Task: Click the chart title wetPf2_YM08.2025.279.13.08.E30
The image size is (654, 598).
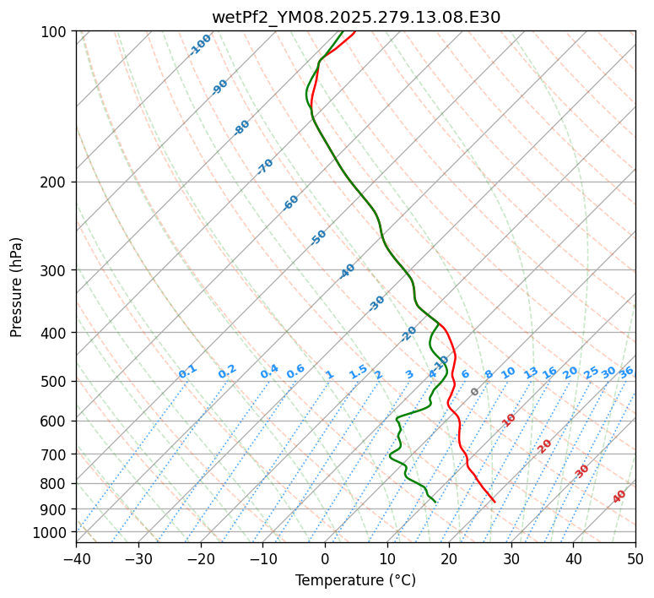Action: click(x=355, y=17)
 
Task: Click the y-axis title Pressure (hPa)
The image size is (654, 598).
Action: click(x=17, y=287)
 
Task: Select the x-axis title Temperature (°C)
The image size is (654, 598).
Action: click(x=355, y=581)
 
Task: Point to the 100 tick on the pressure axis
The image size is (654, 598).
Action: click(x=56, y=32)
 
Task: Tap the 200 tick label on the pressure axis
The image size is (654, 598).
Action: click(x=56, y=182)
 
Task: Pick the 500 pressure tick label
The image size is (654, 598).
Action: click(x=56, y=382)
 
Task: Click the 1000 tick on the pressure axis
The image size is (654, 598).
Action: click(x=52, y=532)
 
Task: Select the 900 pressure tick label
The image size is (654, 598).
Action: click(x=56, y=508)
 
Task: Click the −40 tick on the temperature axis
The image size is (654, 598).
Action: click(x=76, y=558)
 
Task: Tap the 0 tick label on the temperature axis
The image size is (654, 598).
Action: click(x=325, y=558)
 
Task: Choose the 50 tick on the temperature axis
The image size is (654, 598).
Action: click(x=635, y=558)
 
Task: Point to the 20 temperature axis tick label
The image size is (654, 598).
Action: click(x=449, y=558)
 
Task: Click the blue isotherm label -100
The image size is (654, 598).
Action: click(x=201, y=45)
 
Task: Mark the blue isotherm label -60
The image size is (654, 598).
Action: click(x=291, y=203)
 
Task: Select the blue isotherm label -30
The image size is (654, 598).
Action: click(x=377, y=303)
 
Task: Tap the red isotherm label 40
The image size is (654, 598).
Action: click(x=619, y=497)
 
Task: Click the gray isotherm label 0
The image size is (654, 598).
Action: click(x=475, y=392)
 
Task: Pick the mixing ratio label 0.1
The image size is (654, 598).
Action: click(x=187, y=372)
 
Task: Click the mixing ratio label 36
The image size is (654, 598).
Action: click(x=626, y=372)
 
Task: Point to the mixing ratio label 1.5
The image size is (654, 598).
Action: click(x=358, y=372)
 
